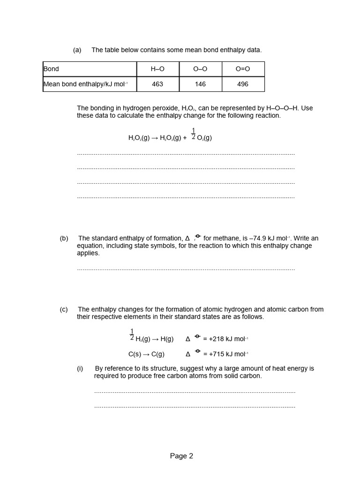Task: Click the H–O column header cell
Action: point(157,69)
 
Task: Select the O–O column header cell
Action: point(200,69)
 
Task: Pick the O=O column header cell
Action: point(243,69)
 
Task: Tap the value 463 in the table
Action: point(157,84)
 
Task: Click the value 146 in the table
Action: point(200,84)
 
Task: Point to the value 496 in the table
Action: point(243,84)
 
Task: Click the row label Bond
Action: point(52,69)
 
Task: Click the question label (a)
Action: point(77,50)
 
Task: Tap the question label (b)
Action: point(64,238)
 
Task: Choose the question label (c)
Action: point(64,309)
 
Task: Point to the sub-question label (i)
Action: point(80,368)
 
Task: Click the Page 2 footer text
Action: point(181,456)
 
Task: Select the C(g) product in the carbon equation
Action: point(157,354)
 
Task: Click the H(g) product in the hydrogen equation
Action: point(167,339)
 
